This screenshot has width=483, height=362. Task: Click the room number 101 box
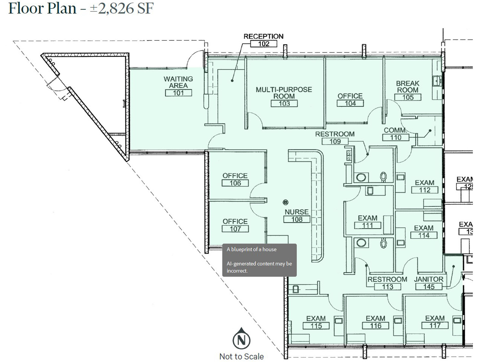pyautogui.click(x=178, y=93)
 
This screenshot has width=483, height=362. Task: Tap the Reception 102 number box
pyautogui.click(x=264, y=44)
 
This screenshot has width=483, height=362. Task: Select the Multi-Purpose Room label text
pyautogui.click(x=284, y=93)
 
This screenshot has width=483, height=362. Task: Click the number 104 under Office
pyautogui.click(x=350, y=103)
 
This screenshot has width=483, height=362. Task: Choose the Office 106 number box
pyautogui.click(x=235, y=183)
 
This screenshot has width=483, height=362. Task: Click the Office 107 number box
pyautogui.click(x=235, y=229)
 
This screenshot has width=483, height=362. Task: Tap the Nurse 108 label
pyautogui.click(x=296, y=212)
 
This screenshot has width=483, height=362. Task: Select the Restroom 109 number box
pyautogui.click(x=335, y=141)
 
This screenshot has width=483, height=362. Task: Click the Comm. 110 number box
pyautogui.click(x=395, y=138)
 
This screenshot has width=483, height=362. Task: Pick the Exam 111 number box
pyautogui.click(x=367, y=225)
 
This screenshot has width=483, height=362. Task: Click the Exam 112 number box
pyautogui.click(x=424, y=190)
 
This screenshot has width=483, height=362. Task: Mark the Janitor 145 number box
pyautogui.click(x=429, y=287)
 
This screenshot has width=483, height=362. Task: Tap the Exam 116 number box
pyautogui.click(x=376, y=326)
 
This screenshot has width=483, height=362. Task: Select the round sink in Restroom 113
pyautogui.click(x=361, y=243)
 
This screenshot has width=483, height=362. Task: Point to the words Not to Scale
pyautogui.click(x=241, y=357)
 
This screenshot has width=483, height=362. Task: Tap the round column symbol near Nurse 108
pyautogui.click(x=286, y=202)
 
